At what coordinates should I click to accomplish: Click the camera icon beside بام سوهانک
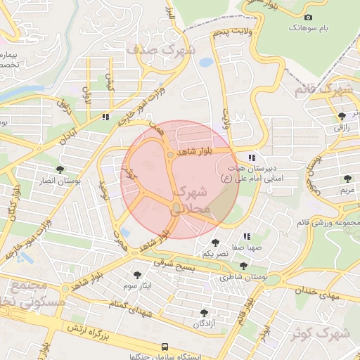[x=307, y=17]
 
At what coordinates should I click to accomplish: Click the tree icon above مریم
[x=347, y=179]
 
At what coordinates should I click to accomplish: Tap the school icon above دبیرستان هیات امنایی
[x=252, y=157]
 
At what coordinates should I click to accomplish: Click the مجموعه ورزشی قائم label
[x=328, y=223]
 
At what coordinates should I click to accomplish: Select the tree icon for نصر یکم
[x=215, y=243]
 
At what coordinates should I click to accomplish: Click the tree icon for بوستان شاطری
[x=243, y=266]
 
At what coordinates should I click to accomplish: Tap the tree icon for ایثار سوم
[x=136, y=275]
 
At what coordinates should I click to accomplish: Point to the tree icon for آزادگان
[x=204, y=312]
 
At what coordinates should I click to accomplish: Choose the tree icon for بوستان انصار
[x=60, y=169]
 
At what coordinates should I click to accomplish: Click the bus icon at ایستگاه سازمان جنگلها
[x=165, y=347]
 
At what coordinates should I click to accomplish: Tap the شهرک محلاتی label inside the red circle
[x=189, y=200]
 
